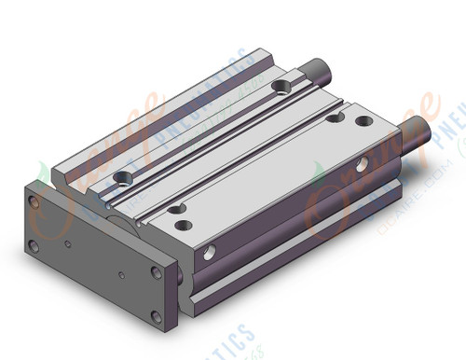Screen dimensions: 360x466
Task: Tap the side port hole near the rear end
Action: tap(363, 166)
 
